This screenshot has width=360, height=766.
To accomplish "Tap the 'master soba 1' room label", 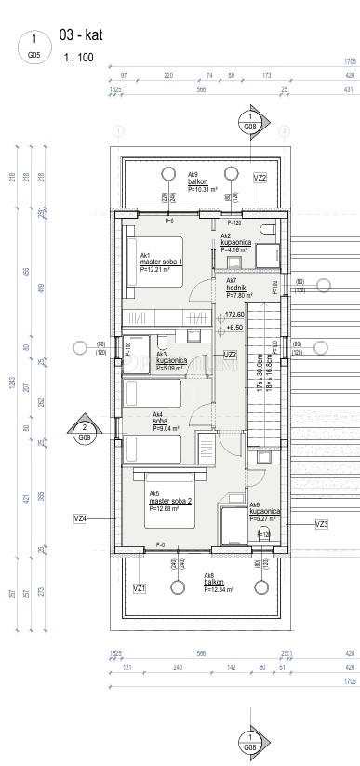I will (160, 262).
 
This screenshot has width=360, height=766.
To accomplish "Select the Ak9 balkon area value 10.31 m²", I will (202, 189).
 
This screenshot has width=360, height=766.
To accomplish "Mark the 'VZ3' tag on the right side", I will (322, 525).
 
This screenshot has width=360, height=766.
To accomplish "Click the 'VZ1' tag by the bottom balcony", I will (139, 588).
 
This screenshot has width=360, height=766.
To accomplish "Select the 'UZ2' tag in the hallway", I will (230, 354).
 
